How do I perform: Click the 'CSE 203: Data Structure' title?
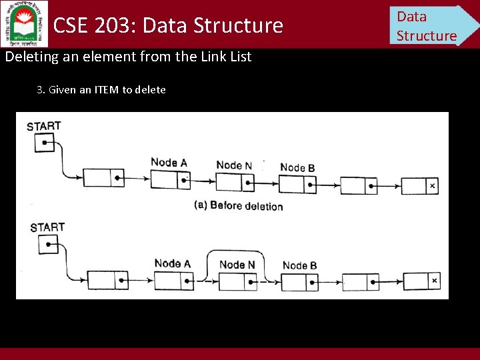point(168,25)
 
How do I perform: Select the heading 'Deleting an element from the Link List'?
point(128,57)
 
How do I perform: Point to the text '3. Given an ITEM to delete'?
point(101,89)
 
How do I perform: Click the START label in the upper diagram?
point(44,126)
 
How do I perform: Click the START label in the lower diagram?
point(47,227)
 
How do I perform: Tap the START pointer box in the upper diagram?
point(43,143)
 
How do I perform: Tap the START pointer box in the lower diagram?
point(48,245)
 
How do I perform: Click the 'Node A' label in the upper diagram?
point(169,162)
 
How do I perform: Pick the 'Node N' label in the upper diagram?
point(234,165)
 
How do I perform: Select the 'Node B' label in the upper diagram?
point(297,167)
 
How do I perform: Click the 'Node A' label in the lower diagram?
point(172,263)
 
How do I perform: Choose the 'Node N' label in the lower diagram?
point(237,265)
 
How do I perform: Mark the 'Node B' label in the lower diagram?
point(299,265)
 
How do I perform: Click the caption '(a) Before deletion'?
point(238,205)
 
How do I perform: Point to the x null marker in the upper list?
point(432,186)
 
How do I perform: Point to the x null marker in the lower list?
point(434,281)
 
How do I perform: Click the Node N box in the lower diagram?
point(237,281)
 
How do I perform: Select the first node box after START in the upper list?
point(105,179)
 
